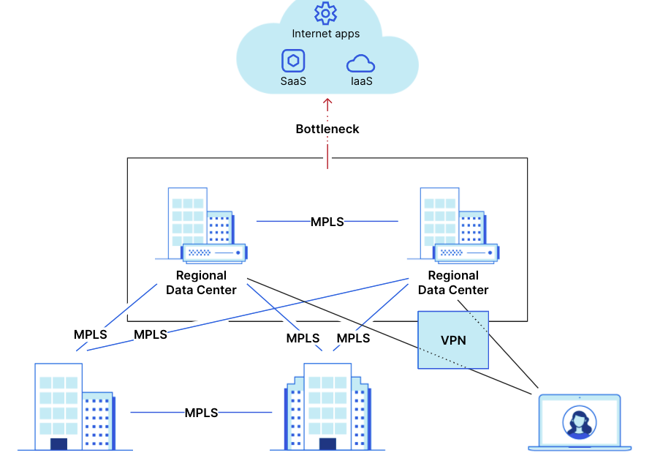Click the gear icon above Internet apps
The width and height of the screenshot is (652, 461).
coord(325,13)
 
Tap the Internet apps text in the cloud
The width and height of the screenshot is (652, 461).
coord(326,34)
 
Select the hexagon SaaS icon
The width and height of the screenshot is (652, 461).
coord(293,61)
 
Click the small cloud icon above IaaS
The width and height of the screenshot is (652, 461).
coord(360,63)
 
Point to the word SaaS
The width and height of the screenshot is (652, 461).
coord(293,81)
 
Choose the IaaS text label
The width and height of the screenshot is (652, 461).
coord(361,81)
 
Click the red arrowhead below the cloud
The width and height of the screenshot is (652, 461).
coord(327,103)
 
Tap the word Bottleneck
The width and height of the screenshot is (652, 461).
coord(327,129)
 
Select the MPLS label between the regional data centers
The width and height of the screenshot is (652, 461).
coord(327,221)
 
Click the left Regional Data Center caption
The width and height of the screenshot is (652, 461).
coord(201,282)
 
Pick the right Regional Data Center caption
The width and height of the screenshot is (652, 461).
coord(453,282)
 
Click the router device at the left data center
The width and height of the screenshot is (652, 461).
coord(213,253)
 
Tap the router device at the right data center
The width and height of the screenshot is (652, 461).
coord(466,253)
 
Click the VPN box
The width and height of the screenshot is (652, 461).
coord(453,340)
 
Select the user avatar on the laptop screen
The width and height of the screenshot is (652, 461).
coord(579,422)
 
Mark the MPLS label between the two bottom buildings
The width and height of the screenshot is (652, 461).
coord(201,413)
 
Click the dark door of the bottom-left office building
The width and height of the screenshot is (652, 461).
coord(58,443)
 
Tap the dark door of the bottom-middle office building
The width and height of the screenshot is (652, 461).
coord(327,443)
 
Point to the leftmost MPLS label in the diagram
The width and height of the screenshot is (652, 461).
coord(90,334)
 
